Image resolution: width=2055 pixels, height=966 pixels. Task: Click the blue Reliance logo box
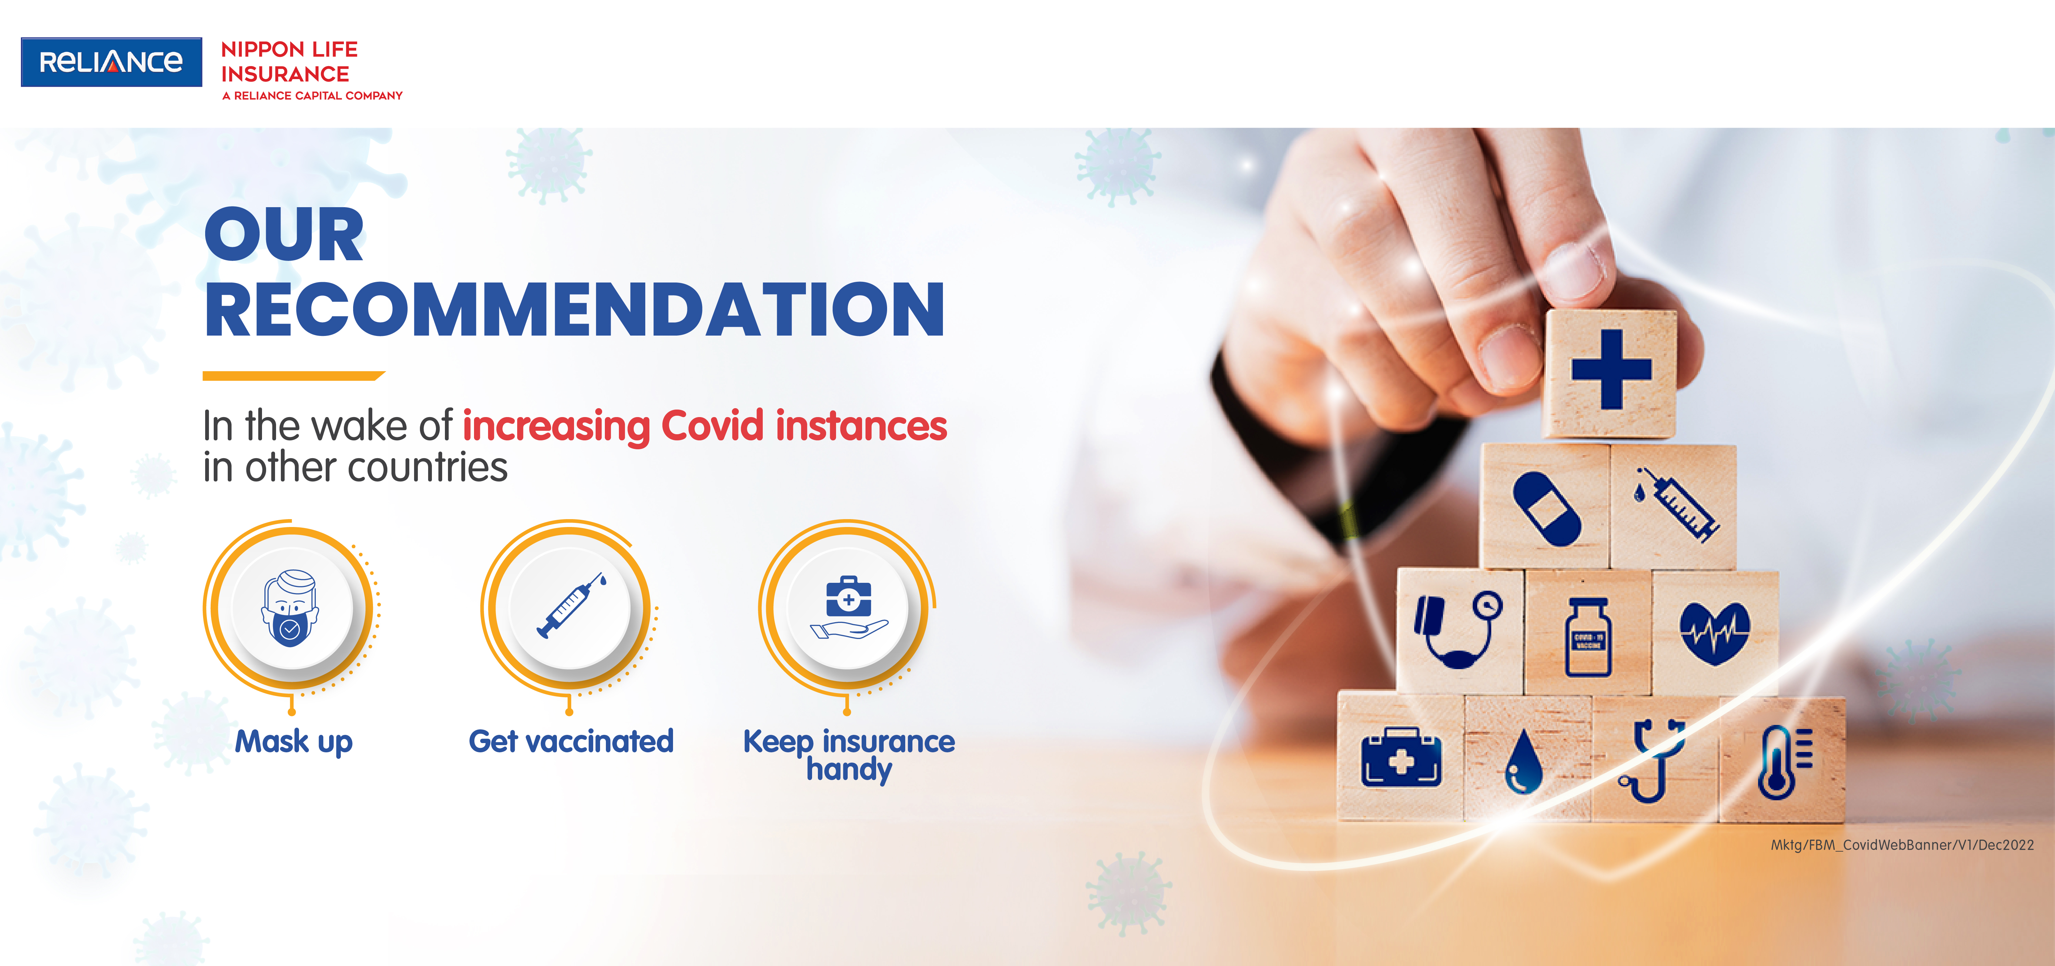tap(111, 62)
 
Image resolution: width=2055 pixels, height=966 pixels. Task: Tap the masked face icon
tap(290, 608)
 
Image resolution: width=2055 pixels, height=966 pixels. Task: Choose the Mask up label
tap(294, 742)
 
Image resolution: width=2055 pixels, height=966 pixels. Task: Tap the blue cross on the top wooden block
tap(1611, 369)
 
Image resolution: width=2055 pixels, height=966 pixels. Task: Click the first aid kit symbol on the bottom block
tap(1401, 758)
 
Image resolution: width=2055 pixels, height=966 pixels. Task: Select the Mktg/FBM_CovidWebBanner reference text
tap(1902, 845)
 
